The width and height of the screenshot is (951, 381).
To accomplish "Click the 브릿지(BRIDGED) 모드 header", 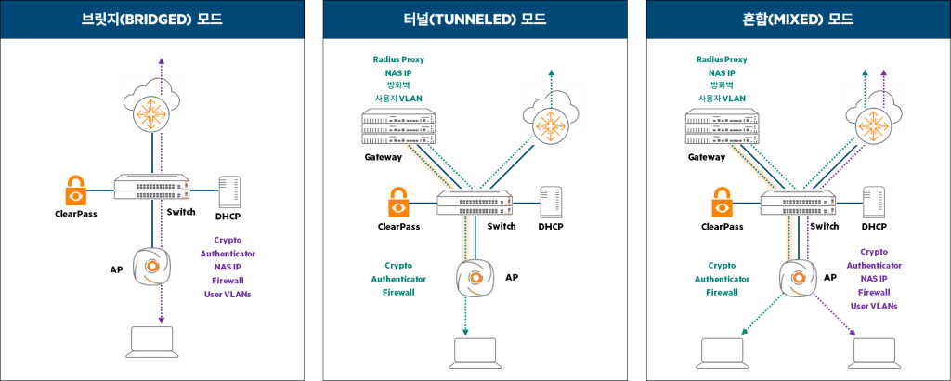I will point(151,19).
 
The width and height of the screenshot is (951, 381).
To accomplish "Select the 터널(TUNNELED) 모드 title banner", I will point(475,19).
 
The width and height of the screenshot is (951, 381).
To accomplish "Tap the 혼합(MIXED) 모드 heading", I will point(798,19).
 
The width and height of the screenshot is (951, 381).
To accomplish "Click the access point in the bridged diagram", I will point(151,266).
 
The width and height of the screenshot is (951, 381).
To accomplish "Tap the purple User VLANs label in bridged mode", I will point(228,294).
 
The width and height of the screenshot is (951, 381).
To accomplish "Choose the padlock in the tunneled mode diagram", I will point(398,201).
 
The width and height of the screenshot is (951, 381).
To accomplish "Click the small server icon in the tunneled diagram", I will point(551,202).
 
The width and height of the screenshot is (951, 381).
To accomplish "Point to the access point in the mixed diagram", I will point(798,277).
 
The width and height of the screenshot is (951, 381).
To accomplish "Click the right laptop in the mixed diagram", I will point(873,352).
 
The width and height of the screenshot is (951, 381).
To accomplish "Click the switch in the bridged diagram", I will point(151,187).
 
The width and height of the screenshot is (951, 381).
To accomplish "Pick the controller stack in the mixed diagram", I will point(721,125).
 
